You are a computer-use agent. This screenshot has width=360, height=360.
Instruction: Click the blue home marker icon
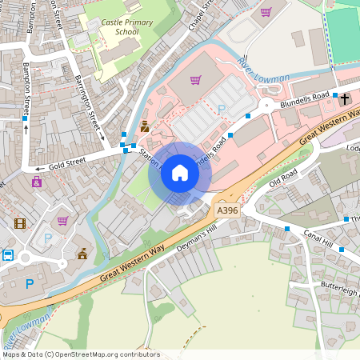[180, 172]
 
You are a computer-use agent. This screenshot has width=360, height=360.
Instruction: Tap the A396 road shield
[228, 210]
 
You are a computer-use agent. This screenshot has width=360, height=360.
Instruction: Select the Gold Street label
[67, 166]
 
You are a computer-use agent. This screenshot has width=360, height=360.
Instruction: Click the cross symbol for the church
[345, 99]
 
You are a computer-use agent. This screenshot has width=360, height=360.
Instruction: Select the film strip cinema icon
[20, 222]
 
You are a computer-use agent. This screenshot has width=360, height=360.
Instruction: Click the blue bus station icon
[8, 255]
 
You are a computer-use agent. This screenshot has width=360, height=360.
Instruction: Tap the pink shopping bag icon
[37, 182]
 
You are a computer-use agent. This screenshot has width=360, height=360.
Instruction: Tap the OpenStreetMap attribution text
[80, 354]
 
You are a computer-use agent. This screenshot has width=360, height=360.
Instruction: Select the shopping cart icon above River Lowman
[266, 12]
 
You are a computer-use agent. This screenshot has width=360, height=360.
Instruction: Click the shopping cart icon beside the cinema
[62, 221]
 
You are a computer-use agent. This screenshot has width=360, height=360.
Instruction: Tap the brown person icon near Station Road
[145, 126]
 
